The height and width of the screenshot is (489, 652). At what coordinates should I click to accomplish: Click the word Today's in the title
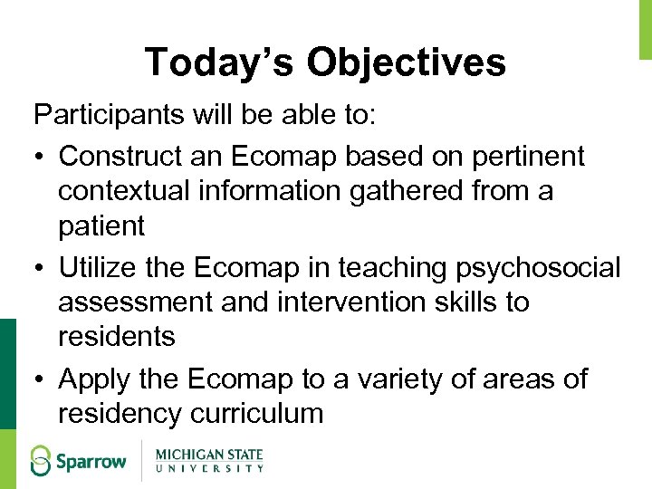click(219, 62)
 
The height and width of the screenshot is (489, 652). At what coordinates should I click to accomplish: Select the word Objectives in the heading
click(406, 62)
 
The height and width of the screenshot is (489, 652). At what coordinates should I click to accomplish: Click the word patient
click(101, 225)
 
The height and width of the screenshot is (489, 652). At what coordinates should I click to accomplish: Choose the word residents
click(117, 336)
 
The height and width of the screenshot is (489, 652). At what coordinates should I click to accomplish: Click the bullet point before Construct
click(40, 158)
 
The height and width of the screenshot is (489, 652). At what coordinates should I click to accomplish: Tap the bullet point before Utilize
click(40, 269)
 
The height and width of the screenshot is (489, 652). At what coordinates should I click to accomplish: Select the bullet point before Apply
click(40, 379)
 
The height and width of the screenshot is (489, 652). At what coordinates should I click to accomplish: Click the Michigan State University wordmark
click(209, 460)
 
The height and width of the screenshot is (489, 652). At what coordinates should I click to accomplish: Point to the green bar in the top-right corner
click(646, 27)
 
